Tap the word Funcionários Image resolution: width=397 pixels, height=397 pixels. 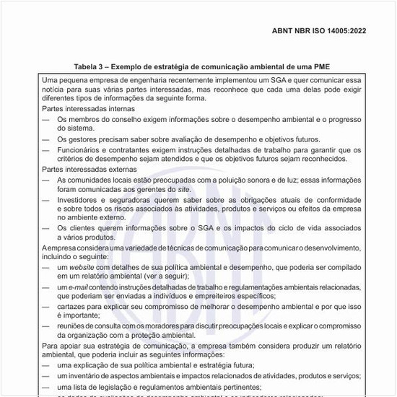(x=82, y=150)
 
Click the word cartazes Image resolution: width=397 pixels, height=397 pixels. (x=74, y=306)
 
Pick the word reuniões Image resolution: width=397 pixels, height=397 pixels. (x=74, y=326)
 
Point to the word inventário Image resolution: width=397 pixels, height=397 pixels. (x=90, y=376)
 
